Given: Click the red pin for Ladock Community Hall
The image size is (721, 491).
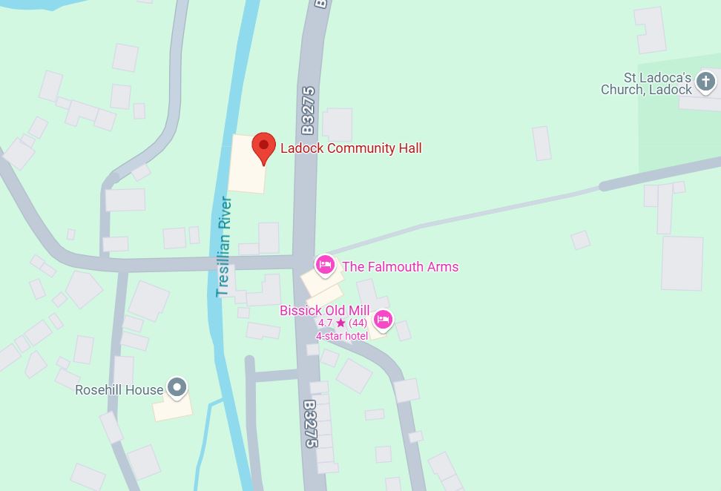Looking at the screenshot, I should click(x=263, y=147).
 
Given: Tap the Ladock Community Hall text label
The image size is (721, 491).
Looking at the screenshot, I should click(x=351, y=148).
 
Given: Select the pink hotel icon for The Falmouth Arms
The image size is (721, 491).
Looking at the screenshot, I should click(x=324, y=265).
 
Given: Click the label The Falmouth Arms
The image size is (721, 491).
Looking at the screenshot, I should click(x=400, y=267).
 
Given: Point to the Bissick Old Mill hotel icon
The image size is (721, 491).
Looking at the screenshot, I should click(x=382, y=320).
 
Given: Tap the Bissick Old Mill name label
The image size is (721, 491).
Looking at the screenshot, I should click(x=324, y=311).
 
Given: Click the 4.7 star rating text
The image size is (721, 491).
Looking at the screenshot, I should click(x=326, y=323).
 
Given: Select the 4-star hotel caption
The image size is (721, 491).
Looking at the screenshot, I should click(x=342, y=336).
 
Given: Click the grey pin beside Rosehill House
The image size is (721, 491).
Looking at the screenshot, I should click(x=177, y=387).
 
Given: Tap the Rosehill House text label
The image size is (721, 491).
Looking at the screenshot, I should click(x=119, y=390).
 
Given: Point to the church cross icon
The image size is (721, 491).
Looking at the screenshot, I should click(x=705, y=82).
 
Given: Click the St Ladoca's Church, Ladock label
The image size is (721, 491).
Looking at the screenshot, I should click(x=646, y=84).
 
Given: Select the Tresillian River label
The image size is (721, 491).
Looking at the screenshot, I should click(x=223, y=247).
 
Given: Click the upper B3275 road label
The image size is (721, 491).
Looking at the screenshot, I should click(x=308, y=111).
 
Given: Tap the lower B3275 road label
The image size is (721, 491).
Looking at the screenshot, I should click(x=309, y=424).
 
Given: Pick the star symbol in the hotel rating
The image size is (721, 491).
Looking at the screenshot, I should click(x=340, y=323).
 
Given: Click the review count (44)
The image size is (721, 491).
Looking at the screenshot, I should click(x=358, y=323).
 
